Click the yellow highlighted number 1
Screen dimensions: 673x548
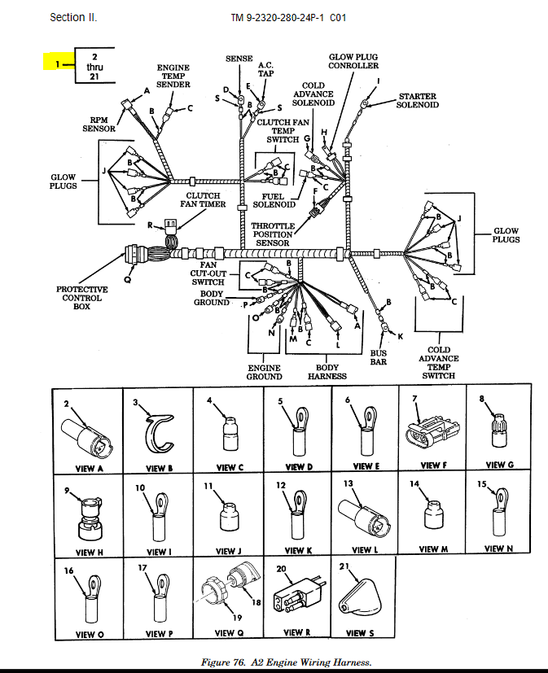click(57, 63)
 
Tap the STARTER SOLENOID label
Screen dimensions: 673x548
click(417, 100)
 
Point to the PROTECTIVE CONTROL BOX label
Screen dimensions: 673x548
click(81, 298)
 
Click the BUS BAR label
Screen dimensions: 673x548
click(379, 357)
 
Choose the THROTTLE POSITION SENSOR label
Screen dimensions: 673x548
click(273, 234)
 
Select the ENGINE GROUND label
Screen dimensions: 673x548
click(264, 372)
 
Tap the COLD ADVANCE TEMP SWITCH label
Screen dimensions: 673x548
click(439, 362)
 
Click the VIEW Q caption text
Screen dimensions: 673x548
click(224, 633)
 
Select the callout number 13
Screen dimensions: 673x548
click(348, 483)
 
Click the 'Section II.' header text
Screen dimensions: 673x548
click(73, 17)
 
